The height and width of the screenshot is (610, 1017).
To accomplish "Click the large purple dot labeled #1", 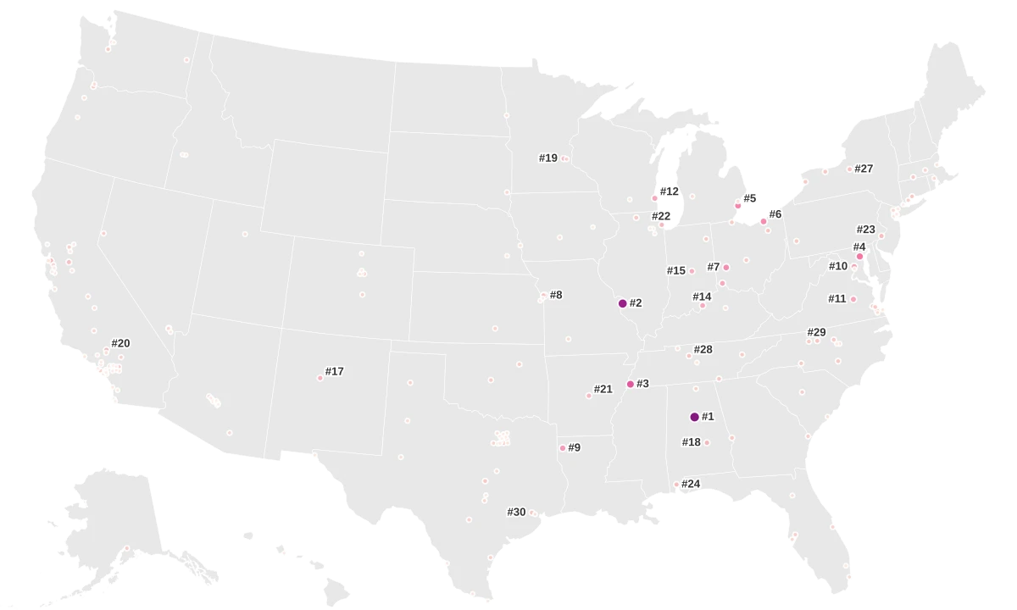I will coord(695,417).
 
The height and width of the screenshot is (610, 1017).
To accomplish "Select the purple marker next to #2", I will coord(623,303).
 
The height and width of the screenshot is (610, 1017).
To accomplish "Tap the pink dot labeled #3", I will coord(631,385).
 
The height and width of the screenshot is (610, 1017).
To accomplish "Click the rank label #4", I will coord(859,247).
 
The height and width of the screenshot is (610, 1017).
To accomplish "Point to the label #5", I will coord(750,198).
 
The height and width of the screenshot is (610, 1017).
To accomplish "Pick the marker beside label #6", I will coord(764,222).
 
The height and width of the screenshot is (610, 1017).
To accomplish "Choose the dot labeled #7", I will coord(726,268).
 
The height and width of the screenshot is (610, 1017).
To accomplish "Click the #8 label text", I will coord(556,295).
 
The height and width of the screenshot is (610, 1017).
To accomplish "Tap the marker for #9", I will coord(563,448).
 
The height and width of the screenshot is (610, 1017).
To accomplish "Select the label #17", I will coord(335,371).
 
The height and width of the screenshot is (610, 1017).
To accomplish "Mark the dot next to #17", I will coord(320,378).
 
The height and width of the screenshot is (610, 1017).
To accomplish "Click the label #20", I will coord(120,343).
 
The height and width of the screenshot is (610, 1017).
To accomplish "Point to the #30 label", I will coord(516,512).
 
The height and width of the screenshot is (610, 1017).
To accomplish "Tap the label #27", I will coord(864,169).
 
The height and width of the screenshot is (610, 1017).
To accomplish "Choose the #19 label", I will coord(548,158).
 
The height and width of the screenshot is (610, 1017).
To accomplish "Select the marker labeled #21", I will coord(589,396).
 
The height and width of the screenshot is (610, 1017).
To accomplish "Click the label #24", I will coord(691,484).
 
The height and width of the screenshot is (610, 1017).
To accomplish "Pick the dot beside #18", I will coord(707,442).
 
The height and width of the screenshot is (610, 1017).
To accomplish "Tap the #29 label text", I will coord(816,332).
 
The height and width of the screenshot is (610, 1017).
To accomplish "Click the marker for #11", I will coord(853,299).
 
